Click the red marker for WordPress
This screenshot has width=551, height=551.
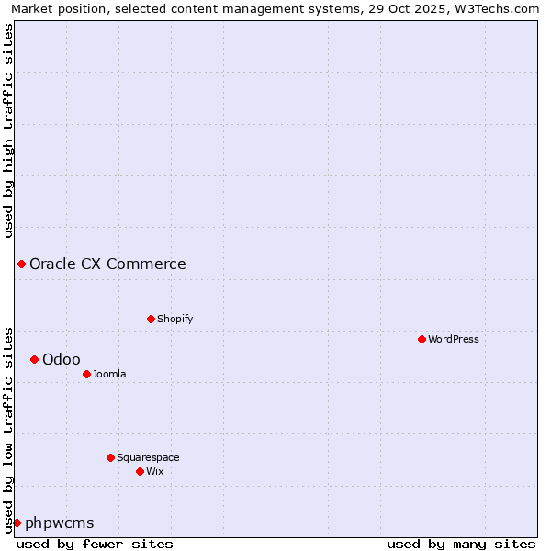coord(422,339)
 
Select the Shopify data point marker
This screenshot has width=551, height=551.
coord(151,319)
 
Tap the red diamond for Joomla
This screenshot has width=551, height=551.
coord(86,374)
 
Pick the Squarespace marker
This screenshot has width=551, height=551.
coord(110,457)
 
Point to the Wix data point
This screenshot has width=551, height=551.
coord(140,471)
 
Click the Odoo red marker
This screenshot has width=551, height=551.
coord(34,359)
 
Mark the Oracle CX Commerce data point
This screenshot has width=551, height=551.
coord(21,264)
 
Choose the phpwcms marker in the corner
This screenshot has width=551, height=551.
coord(17,523)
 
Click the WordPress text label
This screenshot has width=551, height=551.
coord(454,339)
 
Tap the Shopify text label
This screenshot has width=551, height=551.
coord(174,319)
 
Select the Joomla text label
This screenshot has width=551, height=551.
coord(109,374)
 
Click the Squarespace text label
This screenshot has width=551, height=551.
coord(148,457)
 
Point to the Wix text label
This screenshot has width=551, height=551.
coord(154,471)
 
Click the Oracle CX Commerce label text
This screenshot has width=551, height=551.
coord(107,264)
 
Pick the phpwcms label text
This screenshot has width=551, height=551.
coord(60,523)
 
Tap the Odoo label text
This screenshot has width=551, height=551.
coord(62,360)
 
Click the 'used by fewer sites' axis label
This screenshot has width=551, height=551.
coord(95,544)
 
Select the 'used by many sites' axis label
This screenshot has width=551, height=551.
coord(461,544)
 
